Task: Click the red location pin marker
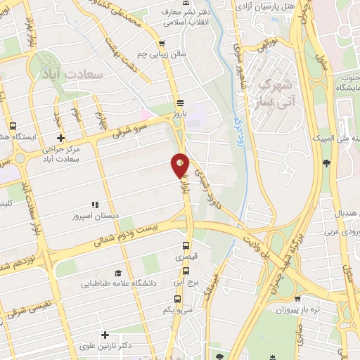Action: pos(180,166)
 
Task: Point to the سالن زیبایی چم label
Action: pos(162,54)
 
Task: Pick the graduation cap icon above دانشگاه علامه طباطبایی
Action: pos(118,272)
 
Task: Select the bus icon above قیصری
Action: pos(186,246)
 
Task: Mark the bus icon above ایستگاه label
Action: pos(13,127)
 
